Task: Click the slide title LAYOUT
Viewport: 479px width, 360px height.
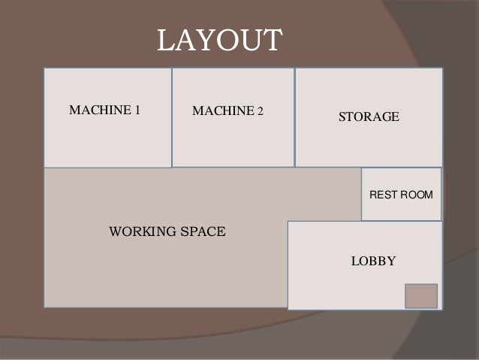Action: tap(218, 41)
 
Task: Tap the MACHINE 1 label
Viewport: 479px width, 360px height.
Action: tap(104, 111)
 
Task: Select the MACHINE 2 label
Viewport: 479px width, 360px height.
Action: tap(227, 112)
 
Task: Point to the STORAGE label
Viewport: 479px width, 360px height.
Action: tap(369, 117)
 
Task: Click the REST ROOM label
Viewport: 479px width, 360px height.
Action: tap(401, 195)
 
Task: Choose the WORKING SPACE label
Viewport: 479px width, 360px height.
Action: tap(167, 231)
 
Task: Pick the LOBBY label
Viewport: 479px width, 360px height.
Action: tap(373, 262)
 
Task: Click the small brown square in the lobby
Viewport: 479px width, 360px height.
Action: tap(420, 296)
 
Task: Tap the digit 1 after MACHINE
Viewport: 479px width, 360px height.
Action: tap(137, 111)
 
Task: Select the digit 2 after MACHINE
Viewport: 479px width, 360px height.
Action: tap(261, 112)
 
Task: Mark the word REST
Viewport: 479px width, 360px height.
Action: tap(382, 195)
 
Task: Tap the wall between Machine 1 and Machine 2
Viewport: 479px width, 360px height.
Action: tap(172, 116)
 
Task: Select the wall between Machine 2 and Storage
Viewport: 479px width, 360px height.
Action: tap(294, 116)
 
